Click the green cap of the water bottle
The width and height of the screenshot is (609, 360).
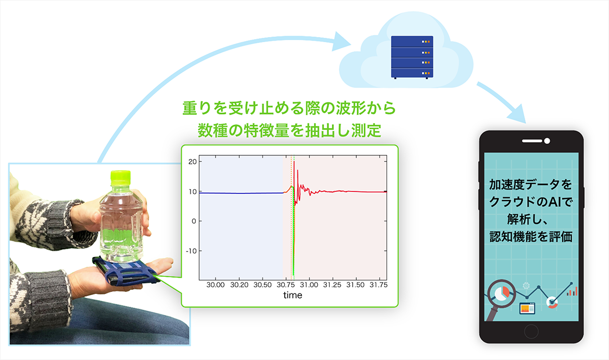point(120,178)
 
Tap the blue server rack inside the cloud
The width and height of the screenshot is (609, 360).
point(412,57)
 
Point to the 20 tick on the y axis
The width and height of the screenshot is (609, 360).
point(192,161)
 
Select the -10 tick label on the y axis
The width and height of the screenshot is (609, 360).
point(191,251)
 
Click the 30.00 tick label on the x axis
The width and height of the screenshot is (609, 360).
point(215,285)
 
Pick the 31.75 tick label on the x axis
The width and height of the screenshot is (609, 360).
point(379,285)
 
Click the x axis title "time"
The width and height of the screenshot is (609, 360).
point(292,295)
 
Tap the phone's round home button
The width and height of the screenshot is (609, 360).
point(531,332)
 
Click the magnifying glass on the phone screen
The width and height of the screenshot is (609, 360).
point(500,299)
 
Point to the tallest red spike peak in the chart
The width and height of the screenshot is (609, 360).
point(294,161)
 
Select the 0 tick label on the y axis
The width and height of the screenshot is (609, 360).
point(193,221)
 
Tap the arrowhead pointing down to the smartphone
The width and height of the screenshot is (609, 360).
point(518,114)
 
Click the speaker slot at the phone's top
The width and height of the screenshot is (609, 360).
point(532,141)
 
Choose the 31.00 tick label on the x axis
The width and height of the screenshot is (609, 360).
point(309,285)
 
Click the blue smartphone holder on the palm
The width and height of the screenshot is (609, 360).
point(126,271)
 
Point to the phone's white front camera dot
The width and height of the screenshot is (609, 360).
point(547,141)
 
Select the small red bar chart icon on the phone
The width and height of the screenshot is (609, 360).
point(572,291)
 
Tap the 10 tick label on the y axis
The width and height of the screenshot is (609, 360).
point(192,192)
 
